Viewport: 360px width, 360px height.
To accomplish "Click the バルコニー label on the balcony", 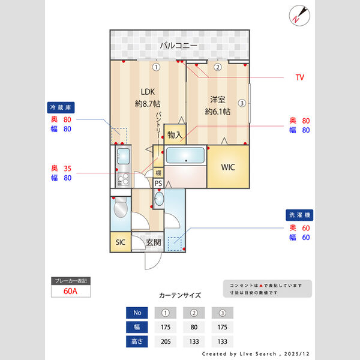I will pyautogui.click(x=179, y=46).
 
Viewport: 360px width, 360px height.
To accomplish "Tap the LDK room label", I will pyautogui.click(x=148, y=91).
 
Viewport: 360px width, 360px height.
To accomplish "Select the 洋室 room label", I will pyautogui.click(x=217, y=99).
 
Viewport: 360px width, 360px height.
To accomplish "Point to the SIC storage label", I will pyautogui.click(x=120, y=242).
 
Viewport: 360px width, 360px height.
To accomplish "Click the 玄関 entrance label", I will pyautogui.click(x=153, y=242).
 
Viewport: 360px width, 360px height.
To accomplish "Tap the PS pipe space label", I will pyautogui.click(x=158, y=184).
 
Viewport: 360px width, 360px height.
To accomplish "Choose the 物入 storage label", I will pyautogui.click(x=175, y=135).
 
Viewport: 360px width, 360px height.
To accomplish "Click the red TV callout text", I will pyautogui.click(x=299, y=78).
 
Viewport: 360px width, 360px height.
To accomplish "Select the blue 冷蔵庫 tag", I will pyautogui.click(x=61, y=107).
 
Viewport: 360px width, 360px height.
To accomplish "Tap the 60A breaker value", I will pyautogui.click(x=71, y=292).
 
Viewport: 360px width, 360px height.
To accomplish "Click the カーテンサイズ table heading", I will pyautogui.click(x=180, y=295).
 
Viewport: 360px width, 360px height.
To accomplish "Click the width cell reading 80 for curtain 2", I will pyautogui.click(x=194, y=328).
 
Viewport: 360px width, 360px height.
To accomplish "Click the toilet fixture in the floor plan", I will pyautogui.click(x=120, y=209).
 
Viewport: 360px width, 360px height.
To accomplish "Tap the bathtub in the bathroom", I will pyautogui.click(x=185, y=157).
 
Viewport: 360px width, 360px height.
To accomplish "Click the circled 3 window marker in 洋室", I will pyautogui.click(x=242, y=103).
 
